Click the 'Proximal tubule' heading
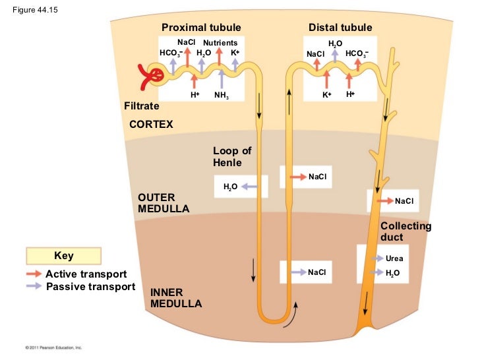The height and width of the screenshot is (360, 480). pyautogui.click(x=201, y=27)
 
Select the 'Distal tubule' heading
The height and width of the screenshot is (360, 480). pyautogui.click(x=340, y=27)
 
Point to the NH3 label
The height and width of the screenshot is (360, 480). pyautogui.click(x=221, y=96)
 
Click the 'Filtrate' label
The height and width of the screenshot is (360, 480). pyautogui.click(x=142, y=106)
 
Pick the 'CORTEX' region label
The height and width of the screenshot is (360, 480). pyautogui.click(x=151, y=124)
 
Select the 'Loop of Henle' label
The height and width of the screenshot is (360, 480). pyautogui.click(x=232, y=157)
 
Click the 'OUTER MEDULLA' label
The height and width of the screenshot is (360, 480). pyautogui.click(x=164, y=203)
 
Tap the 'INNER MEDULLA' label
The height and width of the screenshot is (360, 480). pyautogui.click(x=176, y=298)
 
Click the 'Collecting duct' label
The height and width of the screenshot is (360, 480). pyautogui.click(x=405, y=231)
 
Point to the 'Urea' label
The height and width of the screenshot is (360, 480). pyautogui.click(x=394, y=258)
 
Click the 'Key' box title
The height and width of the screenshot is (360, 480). pyautogui.click(x=63, y=256)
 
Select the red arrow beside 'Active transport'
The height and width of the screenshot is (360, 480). pyautogui.click(x=34, y=274)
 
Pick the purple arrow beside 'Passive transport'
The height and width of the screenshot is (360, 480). pyautogui.click(x=34, y=286)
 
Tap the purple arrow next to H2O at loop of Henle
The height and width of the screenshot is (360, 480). pyautogui.click(x=248, y=187)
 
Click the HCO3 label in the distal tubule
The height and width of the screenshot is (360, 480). pyautogui.click(x=357, y=53)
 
